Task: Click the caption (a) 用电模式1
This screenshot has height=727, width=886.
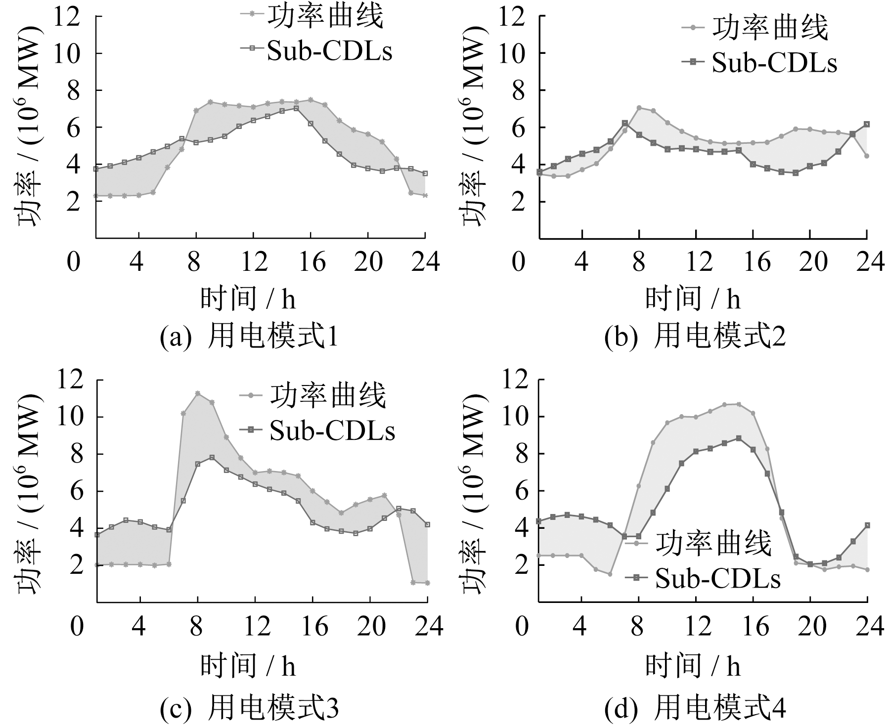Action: click(249, 338)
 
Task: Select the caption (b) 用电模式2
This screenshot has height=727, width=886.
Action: click(695, 338)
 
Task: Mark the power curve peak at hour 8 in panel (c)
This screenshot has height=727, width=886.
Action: click(198, 393)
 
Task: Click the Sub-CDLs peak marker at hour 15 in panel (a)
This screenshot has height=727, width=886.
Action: click(296, 108)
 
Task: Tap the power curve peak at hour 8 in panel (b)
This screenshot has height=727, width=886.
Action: click(639, 108)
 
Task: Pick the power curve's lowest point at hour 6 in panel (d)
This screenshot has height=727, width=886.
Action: click(610, 574)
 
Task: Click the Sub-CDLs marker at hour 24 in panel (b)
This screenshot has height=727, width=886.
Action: click(867, 124)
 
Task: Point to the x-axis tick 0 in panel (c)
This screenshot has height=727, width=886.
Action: click(77, 627)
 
